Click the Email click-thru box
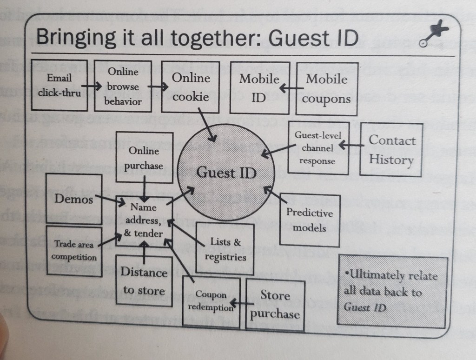pyautogui.click(x=59, y=85)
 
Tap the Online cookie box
pyautogui.click(x=191, y=87)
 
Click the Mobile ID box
pyautogui.click(x=259, y=87)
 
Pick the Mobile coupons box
pyautogui.click(x=327, y=88)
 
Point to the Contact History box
pyautogui.click(x=391, y=149)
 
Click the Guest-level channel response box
pyautogui.click(x=318, y=148)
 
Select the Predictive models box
pyautogui.click(x=310, y=220)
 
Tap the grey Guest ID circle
pyautogui.click(x=226, y=173)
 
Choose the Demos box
pyautogui.click(x=74, y=199)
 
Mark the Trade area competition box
pyautogui.click(x=74, y=250)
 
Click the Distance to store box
pyautogui.click(x=144, y=281)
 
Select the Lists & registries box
pyautogui.click(x=225, y=248)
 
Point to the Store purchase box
pyautogui.click(x=275, y=304)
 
